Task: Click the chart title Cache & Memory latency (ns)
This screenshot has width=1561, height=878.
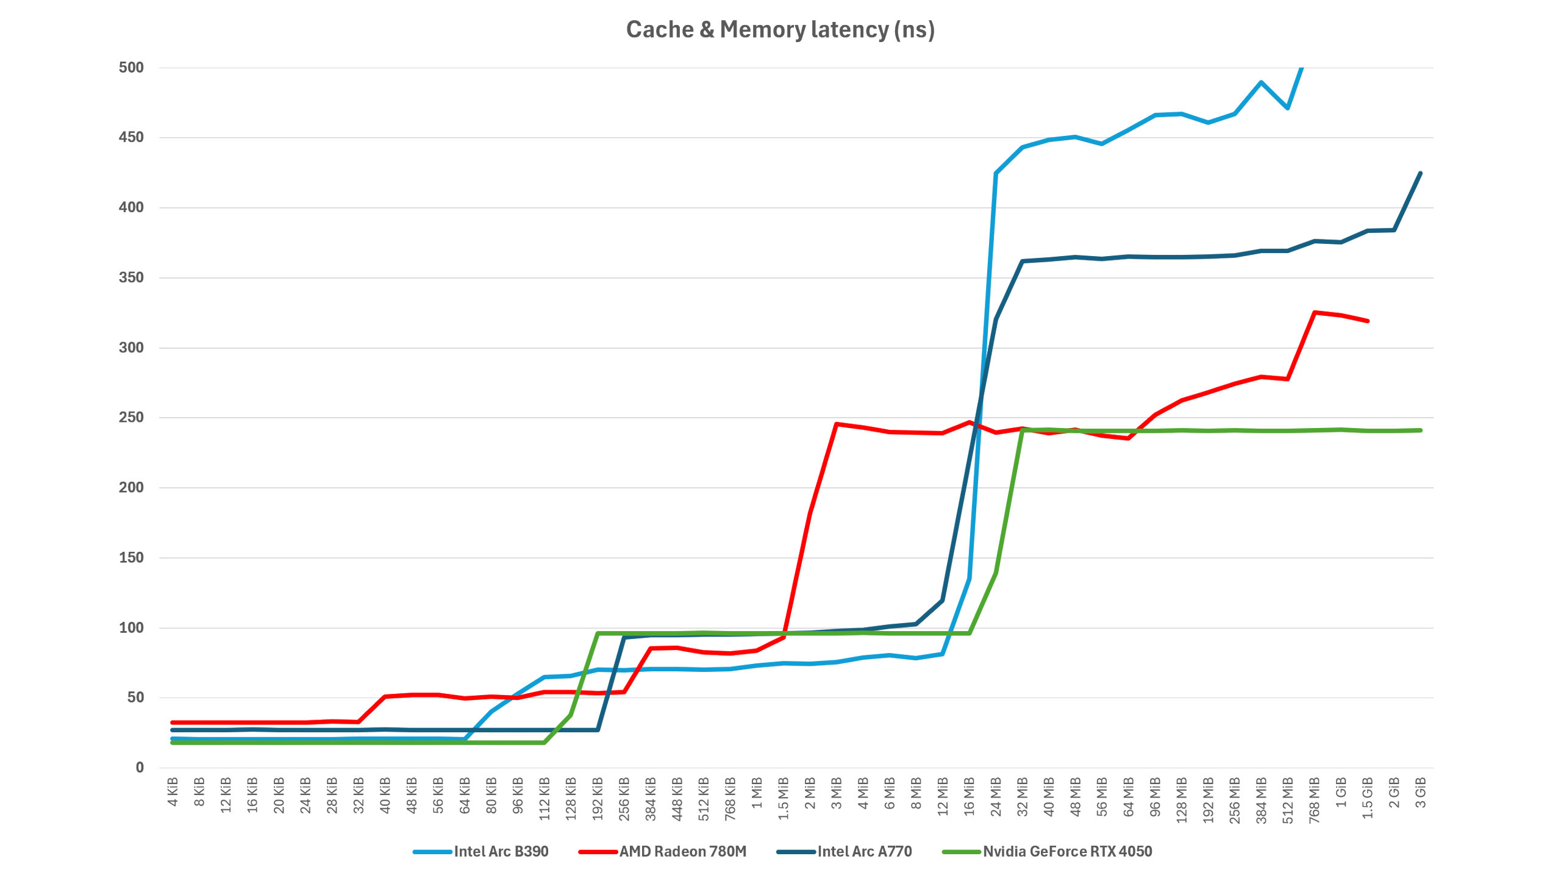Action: pos(780,30)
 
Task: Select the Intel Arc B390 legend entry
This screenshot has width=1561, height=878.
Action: pos(501,851)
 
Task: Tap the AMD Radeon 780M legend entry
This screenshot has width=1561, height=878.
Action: pos(682,851)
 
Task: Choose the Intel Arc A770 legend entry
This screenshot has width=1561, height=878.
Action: pos(864,851)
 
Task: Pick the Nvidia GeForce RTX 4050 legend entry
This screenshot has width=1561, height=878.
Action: pos(1067,851)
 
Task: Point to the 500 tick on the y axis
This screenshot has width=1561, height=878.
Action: pos(131,68)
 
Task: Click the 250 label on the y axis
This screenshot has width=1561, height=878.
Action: pos(131,418)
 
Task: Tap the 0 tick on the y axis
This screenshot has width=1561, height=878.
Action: pos(140,768)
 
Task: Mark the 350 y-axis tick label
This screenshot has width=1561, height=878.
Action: pos(131,277)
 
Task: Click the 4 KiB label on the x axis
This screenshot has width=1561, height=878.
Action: pos(173,791)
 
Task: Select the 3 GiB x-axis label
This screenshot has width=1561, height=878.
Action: pos(1420,791)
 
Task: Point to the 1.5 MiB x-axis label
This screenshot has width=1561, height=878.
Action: pos(784,798)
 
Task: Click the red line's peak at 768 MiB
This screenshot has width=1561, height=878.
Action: pos(1314,312)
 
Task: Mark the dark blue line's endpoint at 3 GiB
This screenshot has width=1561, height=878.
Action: pos(1420,173)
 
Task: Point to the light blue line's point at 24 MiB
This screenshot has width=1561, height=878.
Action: pos(996,173)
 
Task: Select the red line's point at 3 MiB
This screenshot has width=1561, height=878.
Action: pos(837,424)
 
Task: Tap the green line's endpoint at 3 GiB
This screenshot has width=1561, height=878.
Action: pos(1420,430)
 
